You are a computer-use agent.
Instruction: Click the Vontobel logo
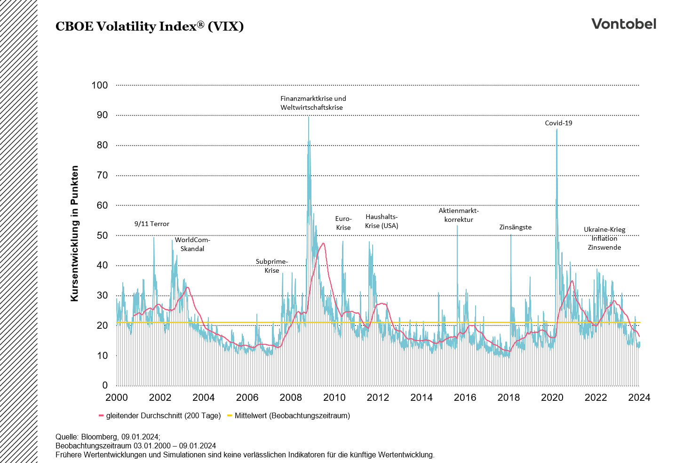[623, 24]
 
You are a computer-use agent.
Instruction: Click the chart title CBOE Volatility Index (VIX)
[150, 26]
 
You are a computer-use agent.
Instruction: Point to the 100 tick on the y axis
[100, 85]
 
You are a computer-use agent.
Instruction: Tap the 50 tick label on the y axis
[102, 236]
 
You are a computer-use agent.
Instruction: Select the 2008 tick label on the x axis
[291, 398]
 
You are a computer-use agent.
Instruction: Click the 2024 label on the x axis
[639, 398]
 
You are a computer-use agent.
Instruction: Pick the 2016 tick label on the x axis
[465, 398]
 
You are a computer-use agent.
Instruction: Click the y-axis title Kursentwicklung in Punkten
[74, 233]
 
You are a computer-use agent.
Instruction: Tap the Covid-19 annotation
[558, 123]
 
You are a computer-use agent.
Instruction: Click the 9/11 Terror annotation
[151, 224]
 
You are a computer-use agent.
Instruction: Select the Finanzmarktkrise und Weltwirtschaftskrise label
[313, 103]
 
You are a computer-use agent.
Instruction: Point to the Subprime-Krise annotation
[271, 266]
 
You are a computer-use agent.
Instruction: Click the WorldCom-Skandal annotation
[192, 244]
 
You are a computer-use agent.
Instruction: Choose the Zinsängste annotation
[515, 227]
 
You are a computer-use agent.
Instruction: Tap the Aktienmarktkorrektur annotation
[459, 215]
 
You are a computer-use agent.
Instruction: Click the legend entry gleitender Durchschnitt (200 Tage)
[163, 415]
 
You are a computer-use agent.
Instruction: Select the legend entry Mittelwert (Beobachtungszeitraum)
[292, 415]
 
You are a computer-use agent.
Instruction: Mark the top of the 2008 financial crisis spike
[308, 117]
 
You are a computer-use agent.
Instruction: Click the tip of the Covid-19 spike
[557, 130]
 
